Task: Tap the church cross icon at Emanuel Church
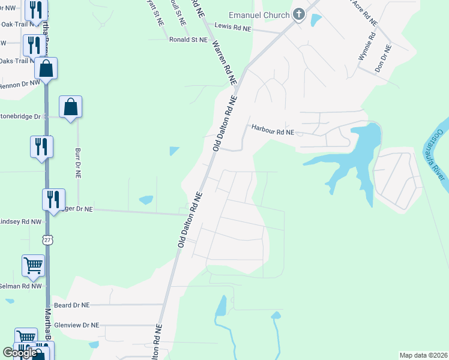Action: click(298, 14)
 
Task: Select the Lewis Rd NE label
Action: click(235, 28)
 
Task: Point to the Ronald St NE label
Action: click(188, 39)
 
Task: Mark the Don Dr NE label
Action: click(383, 59)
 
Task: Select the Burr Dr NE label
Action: click(77, 163)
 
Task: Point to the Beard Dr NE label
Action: click(71, 305)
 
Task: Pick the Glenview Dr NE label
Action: click(76, 325)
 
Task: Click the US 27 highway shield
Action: click(47, 239)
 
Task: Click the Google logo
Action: click(20, 353)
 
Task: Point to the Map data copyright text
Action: click(423, 355)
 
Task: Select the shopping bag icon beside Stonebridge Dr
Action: click(71, 107)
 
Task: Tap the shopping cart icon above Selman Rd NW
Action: click(33, 265)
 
